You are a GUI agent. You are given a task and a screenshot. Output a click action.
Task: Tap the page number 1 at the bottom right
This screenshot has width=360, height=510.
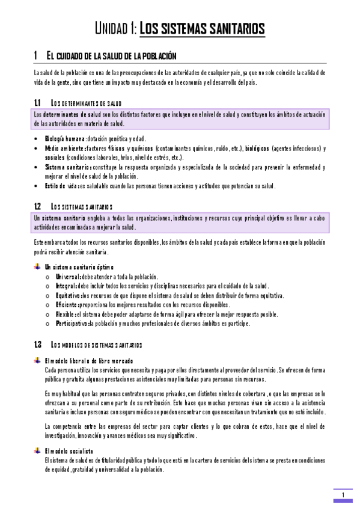(x=343, y=495)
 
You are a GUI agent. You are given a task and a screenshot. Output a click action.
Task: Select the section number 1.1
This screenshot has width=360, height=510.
(x=37, y=103)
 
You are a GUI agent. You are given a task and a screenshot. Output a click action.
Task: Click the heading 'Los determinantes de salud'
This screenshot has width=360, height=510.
(x=87, y=103)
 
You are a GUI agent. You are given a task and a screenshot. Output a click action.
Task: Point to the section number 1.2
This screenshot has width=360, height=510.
(x=37, y=206)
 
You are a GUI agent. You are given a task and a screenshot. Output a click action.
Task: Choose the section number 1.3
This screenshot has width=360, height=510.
(x=37, y=345)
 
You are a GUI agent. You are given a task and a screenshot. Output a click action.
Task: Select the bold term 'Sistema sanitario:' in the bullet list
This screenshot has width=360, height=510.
(x=68, y=167)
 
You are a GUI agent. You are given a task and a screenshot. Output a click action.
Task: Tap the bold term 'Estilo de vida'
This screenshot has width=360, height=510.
(x=59, y=186)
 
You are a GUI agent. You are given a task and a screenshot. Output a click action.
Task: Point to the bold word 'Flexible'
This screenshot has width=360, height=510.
(x=66, y=314)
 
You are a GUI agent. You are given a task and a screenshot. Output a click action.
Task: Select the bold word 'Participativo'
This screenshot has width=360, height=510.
(x=72, y=324)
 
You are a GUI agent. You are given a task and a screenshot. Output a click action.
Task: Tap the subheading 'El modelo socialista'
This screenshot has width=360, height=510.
(x=69, y=450)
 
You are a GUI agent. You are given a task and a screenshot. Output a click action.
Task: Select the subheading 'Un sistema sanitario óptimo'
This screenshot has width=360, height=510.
(x=79, y=266)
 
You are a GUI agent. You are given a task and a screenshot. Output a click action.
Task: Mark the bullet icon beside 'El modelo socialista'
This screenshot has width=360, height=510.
(x=38, y=450)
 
